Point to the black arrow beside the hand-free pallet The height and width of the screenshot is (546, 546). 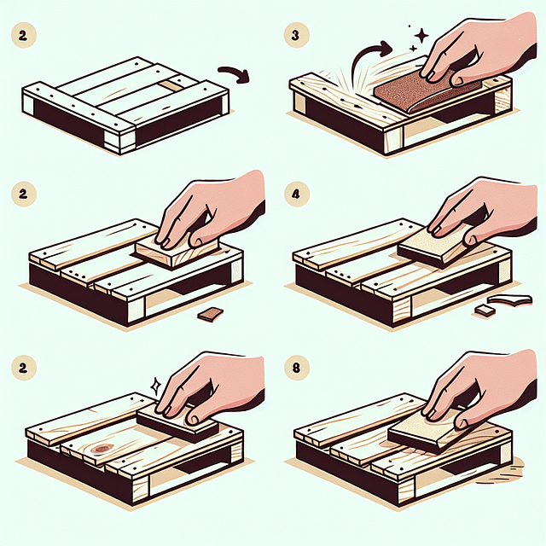coord(233,75)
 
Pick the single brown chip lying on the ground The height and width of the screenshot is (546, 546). coord(209,315)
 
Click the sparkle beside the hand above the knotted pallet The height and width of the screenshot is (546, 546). coord(154,385)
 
